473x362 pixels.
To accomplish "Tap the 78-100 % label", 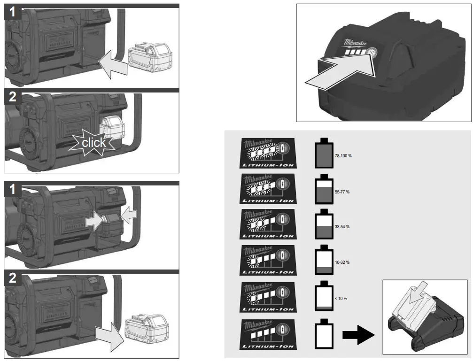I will coord(343,155).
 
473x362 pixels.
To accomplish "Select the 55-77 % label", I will coord(342,192).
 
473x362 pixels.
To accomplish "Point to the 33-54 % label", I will coord(342,227).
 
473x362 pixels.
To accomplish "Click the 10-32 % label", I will coord(342,262).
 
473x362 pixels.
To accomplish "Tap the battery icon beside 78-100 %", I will coord(323,153).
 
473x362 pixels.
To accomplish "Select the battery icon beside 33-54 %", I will coord(323,226).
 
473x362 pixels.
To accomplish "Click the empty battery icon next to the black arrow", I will coord(323,334).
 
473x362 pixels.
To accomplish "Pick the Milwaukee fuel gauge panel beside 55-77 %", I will coord(268,188).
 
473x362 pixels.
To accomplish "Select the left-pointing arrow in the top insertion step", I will coord(113,64).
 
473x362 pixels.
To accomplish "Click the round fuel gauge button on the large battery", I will coord(372,53).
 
